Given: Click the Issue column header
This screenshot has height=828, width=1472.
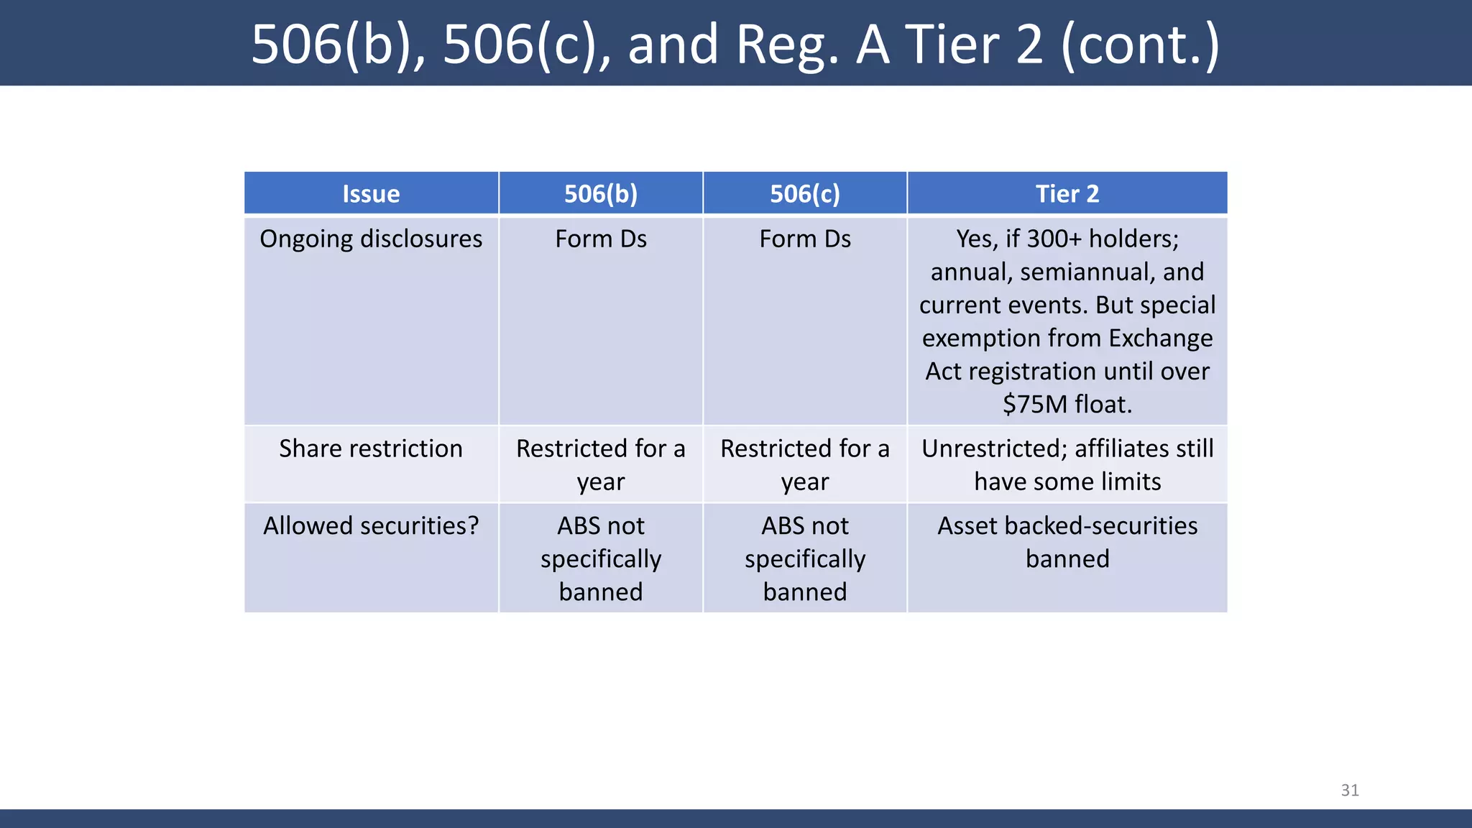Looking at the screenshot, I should coord(371,194).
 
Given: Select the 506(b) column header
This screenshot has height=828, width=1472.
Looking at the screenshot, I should coord(601,194).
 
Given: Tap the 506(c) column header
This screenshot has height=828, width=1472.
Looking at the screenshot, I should coord(805,194).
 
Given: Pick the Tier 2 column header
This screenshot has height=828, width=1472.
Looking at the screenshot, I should coord(1067,194).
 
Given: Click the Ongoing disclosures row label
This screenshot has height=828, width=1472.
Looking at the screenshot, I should coord(371,239).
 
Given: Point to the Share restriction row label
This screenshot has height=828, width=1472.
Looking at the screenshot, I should coord(371,448).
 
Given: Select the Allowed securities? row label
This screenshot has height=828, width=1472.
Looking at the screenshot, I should coord(371,526).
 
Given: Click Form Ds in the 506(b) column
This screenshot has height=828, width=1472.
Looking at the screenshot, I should coord(601,239).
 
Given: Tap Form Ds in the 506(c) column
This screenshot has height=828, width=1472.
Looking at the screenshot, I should coord(805,239).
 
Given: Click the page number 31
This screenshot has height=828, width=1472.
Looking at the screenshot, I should coord(1350,790).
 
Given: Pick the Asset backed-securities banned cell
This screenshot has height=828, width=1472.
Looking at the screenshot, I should coord(1067,543).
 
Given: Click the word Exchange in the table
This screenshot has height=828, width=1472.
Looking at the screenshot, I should coord(1160,338).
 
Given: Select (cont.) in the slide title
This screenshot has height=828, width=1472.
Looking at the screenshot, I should coord(1140,45).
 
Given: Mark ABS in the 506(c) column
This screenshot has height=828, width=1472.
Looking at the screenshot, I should coord(783,526).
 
